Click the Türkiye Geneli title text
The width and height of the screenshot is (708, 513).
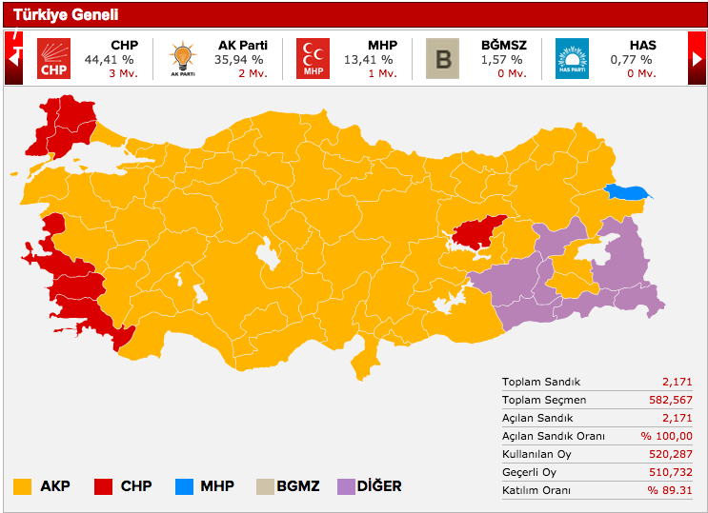[x=66, y=14]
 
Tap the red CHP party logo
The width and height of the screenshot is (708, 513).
[x=53, y=58]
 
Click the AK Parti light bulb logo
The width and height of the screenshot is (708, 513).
[x=181, y=58]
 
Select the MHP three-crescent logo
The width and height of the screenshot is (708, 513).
[x=313, y=58]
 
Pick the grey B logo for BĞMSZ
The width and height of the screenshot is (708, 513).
[x=441, y=58]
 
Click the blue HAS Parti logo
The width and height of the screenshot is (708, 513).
[x=572, y=58]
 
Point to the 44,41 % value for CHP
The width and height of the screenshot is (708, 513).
[x=111, y=59]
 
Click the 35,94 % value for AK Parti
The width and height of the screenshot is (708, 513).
[x=239, y=59]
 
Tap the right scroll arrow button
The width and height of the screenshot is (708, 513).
[x=698, y=58]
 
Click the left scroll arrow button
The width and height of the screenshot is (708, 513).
[x=14, y=58]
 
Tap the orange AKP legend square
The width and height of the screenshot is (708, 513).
[x=23, y=486]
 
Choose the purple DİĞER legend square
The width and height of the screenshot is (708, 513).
[x=347, y=486]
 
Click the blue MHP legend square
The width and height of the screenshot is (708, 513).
[x=184, y=486]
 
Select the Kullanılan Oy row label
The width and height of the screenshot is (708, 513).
[x=536, y=454]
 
